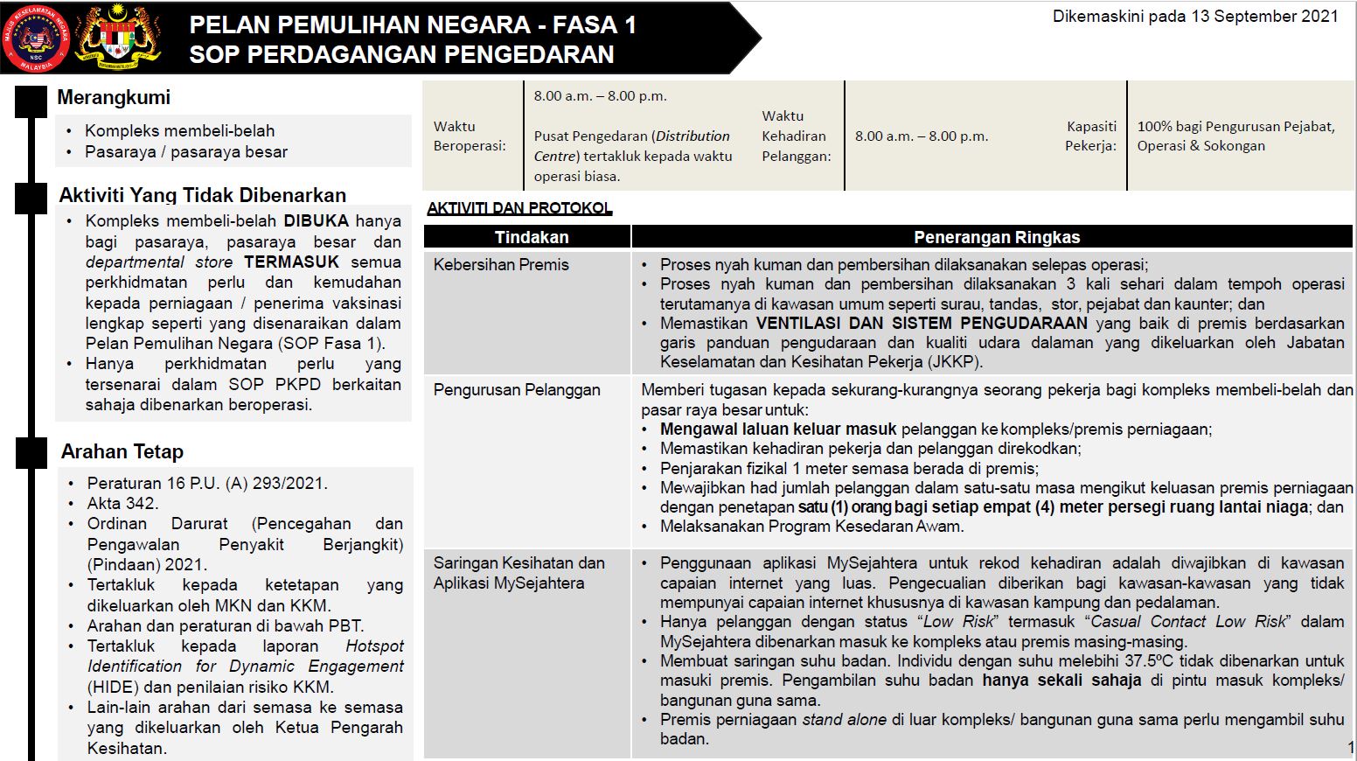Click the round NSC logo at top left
[36, 38]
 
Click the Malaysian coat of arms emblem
[119, 37]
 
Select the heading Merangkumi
[114, 98]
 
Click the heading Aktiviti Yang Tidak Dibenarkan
[202, 195]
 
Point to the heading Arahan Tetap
[122, 452]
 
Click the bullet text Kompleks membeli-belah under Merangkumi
[179, 131]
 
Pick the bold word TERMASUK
[291, 262]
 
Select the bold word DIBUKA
[316, 221]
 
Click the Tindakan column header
[531, 237]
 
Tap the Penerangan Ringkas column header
[996, 237]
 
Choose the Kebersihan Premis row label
[501, 265]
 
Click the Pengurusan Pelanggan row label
[516, 390]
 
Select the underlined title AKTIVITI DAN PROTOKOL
[519, 208]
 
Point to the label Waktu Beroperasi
[469, 136]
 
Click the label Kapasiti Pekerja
[1090, 136]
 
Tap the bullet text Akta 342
[122, 504]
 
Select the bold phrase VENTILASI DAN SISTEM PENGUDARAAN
[922, 324]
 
